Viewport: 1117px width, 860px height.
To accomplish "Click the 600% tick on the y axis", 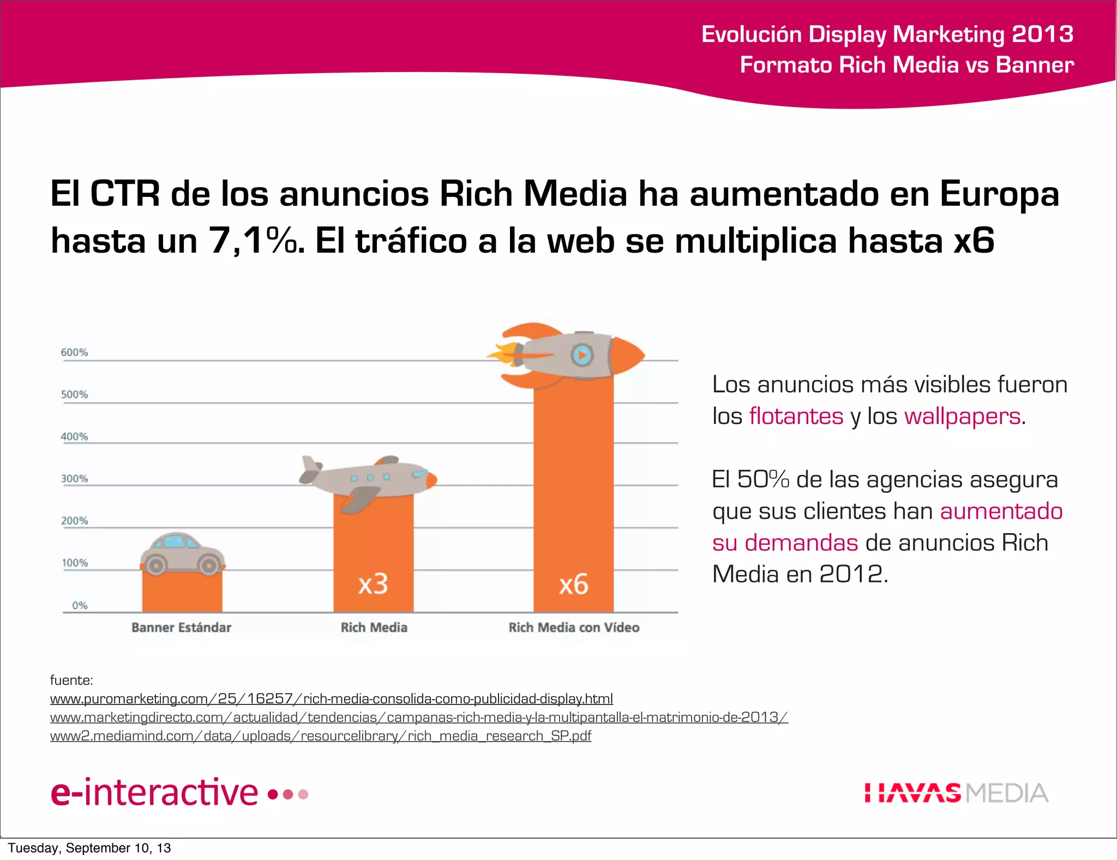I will pyautogui.click(x=74, y=353).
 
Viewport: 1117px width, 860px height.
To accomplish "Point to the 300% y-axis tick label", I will pyautogui.click(x=74, y=479).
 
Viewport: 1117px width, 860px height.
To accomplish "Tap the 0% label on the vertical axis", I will pyautogui.click(x=80, y=605).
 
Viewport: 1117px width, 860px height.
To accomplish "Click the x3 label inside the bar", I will pyautogui.click(x=373, y=584).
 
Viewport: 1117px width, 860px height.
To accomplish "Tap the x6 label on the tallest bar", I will pyautogui.click(x=573, y=584).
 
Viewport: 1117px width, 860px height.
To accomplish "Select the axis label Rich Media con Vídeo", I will pyautogui.click(x=574, y=628).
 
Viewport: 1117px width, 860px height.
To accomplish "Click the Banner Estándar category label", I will pyautogui.click(x=182, y=628).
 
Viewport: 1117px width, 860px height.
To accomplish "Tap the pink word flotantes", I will pyautogui.click(x=796, y=416).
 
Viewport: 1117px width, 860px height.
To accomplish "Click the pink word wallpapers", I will pyautogui.click(x=962, y=416).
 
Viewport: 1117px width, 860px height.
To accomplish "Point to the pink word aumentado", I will pyautogui.click(x=1001, y=511).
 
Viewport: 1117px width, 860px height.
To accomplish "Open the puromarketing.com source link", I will pyautogui.click(x=331, y=699).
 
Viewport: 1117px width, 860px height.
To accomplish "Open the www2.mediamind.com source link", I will pyautogui.click(x=320, y=736).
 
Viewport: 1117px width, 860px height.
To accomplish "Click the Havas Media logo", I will pyautogui.click(x=956, y=793).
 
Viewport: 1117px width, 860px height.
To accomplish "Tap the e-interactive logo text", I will pyautogui.click(x=154, y=792).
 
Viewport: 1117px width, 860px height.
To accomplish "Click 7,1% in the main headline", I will pyautogui.click(x=254, y=241).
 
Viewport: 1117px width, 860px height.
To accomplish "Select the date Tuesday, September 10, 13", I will pyautogui.click(x=89, y=848).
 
